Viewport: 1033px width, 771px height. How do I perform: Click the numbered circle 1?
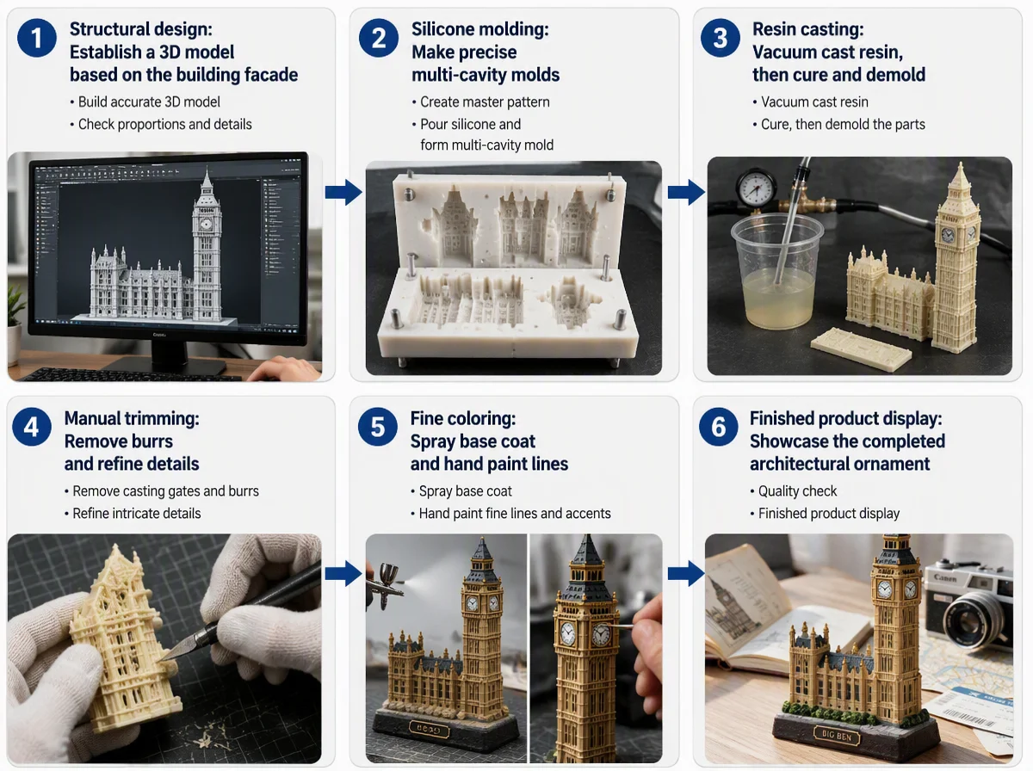click(37, 38)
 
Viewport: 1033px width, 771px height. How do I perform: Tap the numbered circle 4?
click(32, 427)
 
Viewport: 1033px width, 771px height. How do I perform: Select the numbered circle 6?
click(718, 427)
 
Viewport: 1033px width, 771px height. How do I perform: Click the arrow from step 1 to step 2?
click(343, 192)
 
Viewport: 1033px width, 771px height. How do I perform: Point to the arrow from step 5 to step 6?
click(686, 573)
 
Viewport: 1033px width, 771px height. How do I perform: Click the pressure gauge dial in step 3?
click(757, 189)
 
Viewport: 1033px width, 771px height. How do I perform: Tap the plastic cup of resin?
click(776, 271)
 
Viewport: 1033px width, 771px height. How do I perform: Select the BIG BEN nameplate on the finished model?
click(836, 735)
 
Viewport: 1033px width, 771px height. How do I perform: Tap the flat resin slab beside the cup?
click(861, 348)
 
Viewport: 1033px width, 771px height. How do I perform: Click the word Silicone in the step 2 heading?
click(442, 29)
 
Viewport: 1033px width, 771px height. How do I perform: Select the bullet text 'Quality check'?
click(797, 491)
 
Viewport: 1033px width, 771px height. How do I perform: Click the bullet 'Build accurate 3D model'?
click(149, 102)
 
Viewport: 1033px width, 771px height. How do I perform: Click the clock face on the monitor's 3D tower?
click(206, 224)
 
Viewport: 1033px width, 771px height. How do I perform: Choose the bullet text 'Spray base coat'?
click(465, 491)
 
